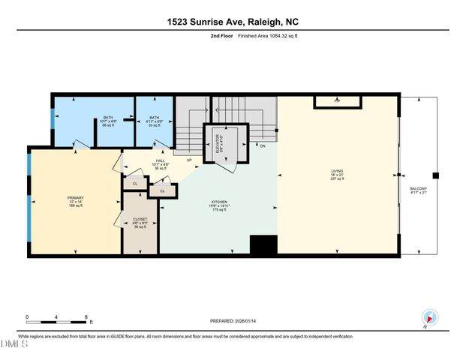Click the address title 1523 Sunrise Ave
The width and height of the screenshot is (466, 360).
233,22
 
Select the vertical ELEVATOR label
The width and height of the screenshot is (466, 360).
218,142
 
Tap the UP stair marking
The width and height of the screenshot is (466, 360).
189,160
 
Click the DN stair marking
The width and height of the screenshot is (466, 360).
263,145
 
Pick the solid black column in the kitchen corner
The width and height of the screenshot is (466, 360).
263,246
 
